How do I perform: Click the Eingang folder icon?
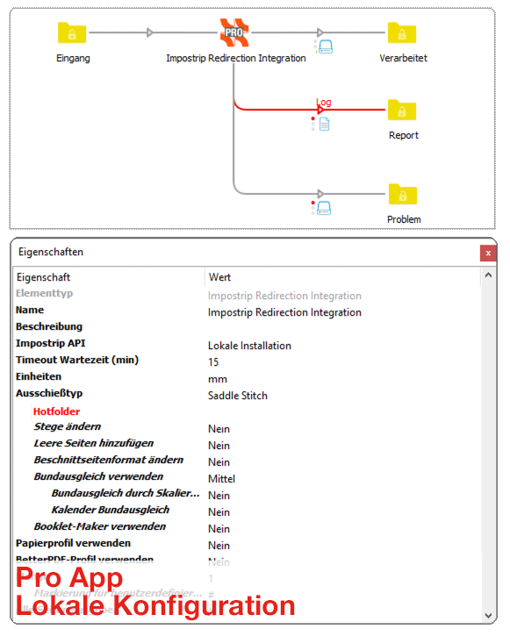(x=72, y=33)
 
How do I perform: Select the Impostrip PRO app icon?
(x=233, y=32)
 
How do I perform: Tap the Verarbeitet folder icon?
(x=402, y=33)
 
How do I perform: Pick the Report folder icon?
(x=402, y=111)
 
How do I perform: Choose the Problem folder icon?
(x=402, y=194)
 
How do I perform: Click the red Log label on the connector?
(x=324, y=102)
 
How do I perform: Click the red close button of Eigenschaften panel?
(x=487, y=253)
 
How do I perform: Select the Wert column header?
(x=219, y=277)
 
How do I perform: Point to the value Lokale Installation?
(x=249, y=346)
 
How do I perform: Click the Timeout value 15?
(x=213, y=362)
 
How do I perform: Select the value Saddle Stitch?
(x=237, y=396)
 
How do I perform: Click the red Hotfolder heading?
(x=56, y=411)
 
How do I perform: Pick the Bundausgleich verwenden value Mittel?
(x=221, y=479)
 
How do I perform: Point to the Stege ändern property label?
(x=67, y=427)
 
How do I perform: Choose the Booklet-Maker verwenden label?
(x=99, y=527)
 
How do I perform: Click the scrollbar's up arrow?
(x=487, y=276)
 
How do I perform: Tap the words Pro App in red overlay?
(x=70, y=579)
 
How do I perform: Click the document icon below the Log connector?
(x=324, y=125)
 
